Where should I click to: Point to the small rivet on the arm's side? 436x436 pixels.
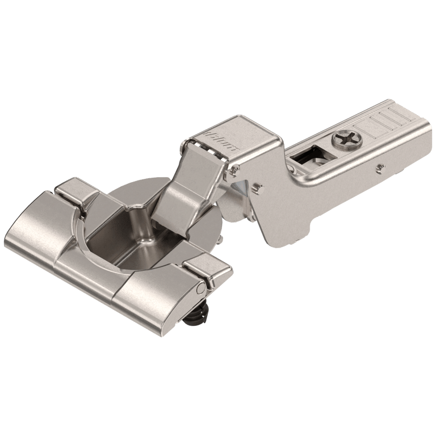pyautogui.click(x=379, y=167)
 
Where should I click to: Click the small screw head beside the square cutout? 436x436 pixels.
pyautogui.click(x=294, y=169)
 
